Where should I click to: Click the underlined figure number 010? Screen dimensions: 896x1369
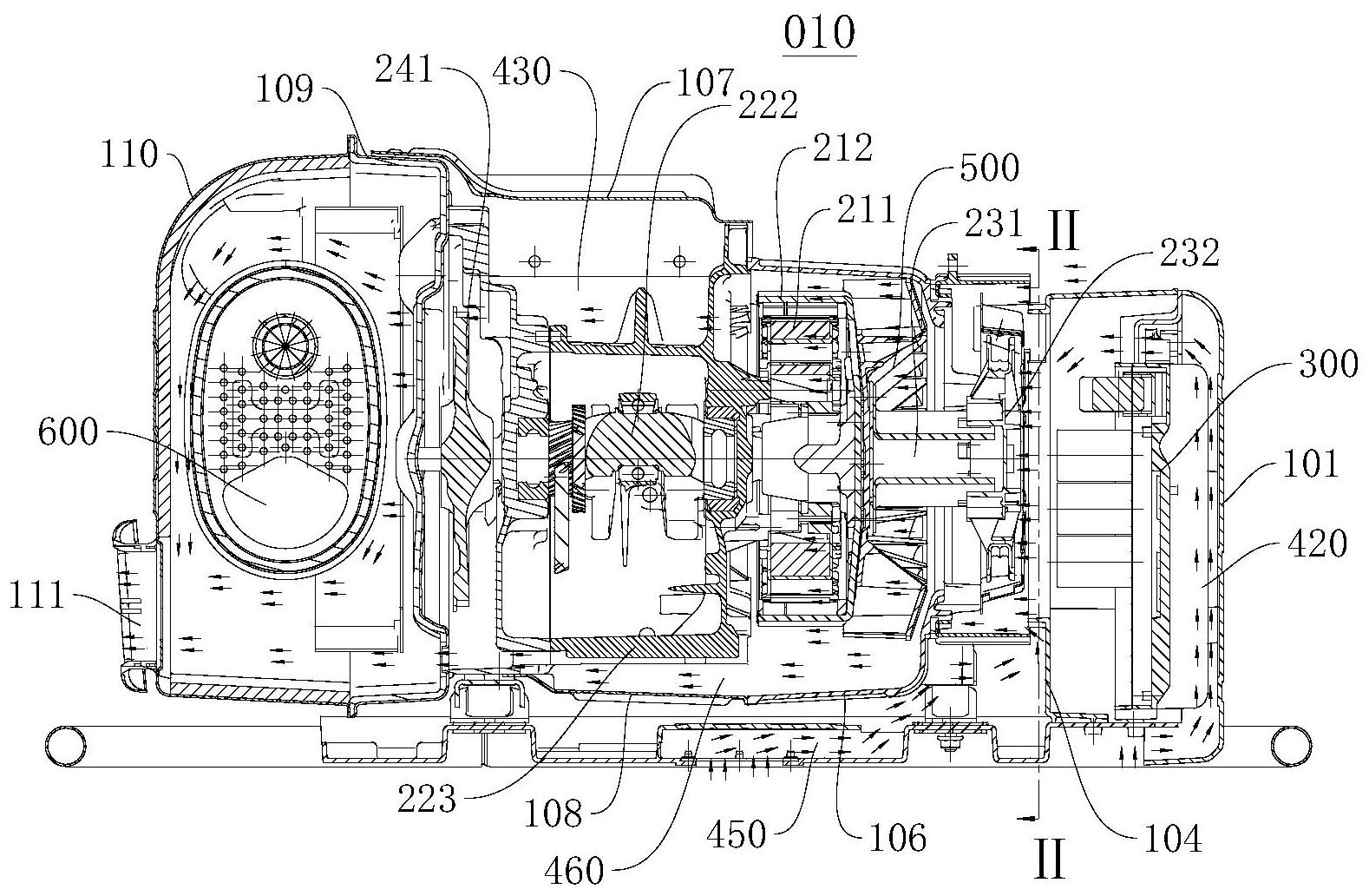pyautogui.click(x=819, y=35)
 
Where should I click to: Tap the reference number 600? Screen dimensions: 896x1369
pyautogui.click(x=69, y=432)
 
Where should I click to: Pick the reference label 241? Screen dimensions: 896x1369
pyautogui.click(x=404, y=69)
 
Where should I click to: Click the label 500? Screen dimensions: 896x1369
pyautogui.click(x=989, y=168)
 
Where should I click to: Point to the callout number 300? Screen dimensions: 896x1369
pyautogui.click(x=1326, y=363)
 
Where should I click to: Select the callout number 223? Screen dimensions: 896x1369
pyautogui.click(x=427, y=799)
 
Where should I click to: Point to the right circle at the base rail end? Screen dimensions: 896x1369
pyautogui.click(x=1287, y=743)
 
